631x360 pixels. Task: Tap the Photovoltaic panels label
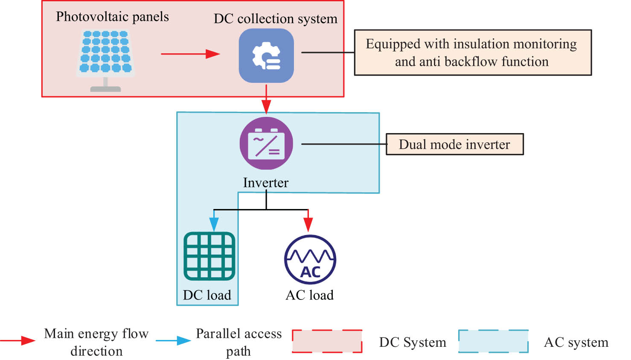click(x=112, y=17)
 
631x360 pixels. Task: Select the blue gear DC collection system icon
click(x=266, y=55)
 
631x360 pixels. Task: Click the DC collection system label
click(x=275, y=19)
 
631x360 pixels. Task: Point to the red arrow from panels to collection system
click(x=190, y=54)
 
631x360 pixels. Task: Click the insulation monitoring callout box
click(x=473, y=52)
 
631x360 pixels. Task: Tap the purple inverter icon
click(x=266, y=143)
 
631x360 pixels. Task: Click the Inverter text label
click(x=265, y=183)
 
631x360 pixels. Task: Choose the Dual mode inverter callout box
click(x=454, y=144)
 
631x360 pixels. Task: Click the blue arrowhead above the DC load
click(x=214, y=224)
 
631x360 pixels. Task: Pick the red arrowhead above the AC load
click(x=308, y=224)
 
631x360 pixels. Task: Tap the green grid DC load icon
click(x=209, y=256)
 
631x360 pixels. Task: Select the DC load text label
click(x=207, y=295)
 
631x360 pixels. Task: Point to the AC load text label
click(x=310, y=295)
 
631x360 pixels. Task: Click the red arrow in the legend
click(x=18, y=340)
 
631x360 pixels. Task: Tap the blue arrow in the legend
click(x=173, y=340)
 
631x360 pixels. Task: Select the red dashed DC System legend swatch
click(x=327, y=341)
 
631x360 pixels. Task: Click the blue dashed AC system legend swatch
click(x=493, y=341)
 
